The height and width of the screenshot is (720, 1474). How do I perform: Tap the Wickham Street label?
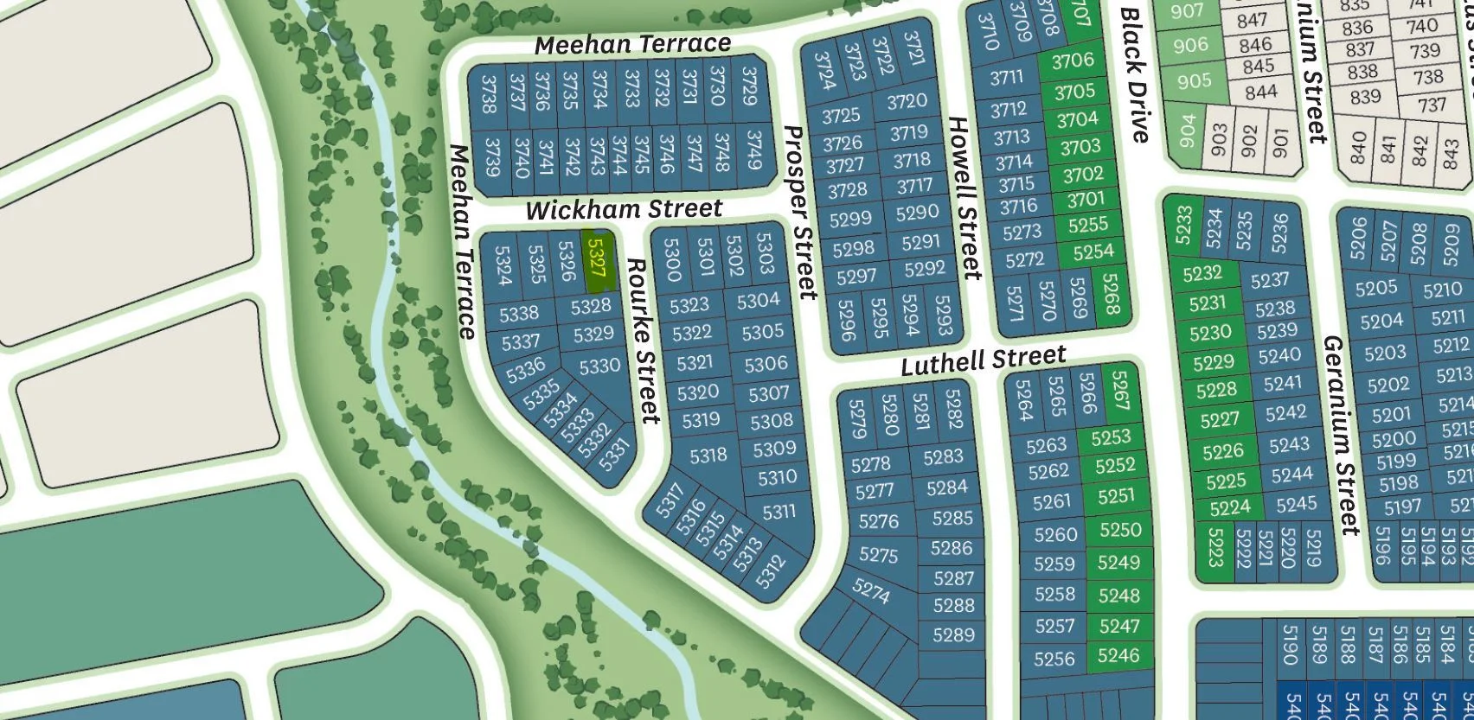[624, 209]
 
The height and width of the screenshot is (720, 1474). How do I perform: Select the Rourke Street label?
[643, 341]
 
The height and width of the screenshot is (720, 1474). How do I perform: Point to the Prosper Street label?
[800, 213]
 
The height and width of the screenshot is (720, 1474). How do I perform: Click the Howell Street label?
[965, 198]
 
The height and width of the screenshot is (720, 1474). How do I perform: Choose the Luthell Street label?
[984, 360]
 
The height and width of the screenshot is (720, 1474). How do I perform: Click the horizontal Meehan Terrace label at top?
[632, 44]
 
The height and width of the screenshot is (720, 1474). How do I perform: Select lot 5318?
[708, 455]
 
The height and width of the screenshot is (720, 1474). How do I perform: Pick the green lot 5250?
[1120, 529]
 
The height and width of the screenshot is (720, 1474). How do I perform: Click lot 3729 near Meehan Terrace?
[749, 86]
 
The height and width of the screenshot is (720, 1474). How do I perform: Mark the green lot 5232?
[1202, 273]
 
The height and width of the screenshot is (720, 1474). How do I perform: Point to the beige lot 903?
[1220, 139]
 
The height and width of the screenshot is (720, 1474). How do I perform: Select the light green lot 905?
[1194, 81]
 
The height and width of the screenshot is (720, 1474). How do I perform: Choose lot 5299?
[850, 219]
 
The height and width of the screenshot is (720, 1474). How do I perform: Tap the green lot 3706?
[1073, 61]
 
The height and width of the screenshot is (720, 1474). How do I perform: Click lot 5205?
[1376, 288]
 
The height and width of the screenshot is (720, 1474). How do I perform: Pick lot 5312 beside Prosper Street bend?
[770, 570]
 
